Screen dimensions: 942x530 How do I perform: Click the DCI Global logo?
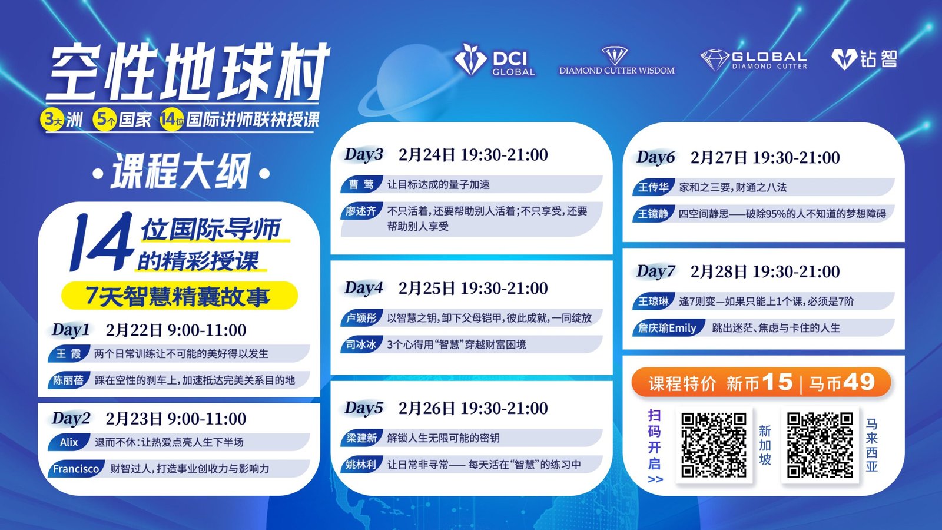coord(495,59)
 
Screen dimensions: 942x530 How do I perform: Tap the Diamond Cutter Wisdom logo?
coord(616,61)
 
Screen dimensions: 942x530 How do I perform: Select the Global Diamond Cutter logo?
coord(754,60)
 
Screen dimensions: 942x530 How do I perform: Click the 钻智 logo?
coord(864,59)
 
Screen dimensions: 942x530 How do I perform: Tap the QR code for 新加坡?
coord(714,445)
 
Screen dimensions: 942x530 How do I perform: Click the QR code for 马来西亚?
coord(820,445)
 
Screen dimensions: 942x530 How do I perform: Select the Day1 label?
coord(71,330)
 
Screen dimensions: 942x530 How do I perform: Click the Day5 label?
coord(364,408)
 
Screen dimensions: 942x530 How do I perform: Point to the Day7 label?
coord(656,271)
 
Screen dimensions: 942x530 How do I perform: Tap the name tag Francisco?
coord(76,469)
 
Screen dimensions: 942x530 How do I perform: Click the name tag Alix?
coord(68,442)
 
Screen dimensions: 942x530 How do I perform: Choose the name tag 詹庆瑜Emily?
coord(668,327)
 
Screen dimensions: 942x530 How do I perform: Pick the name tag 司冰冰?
coord(361,344)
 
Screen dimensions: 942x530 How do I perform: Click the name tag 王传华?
coord(653,187)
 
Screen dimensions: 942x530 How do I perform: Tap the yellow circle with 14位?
coord(171,120)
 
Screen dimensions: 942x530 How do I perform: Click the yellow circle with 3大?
coord(52,120)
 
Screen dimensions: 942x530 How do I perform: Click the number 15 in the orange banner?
coord(778,382)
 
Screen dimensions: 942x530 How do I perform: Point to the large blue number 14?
coord(101,242)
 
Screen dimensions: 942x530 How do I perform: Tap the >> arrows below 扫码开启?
coord(655,479)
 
